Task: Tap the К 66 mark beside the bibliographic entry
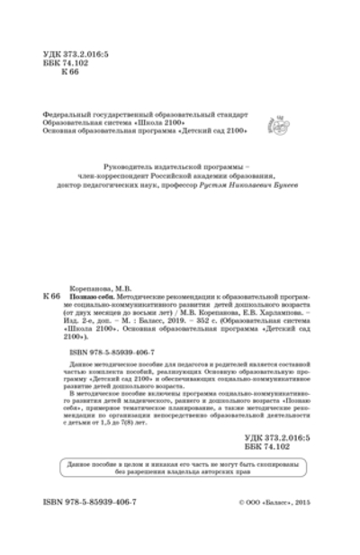point(51,294)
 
